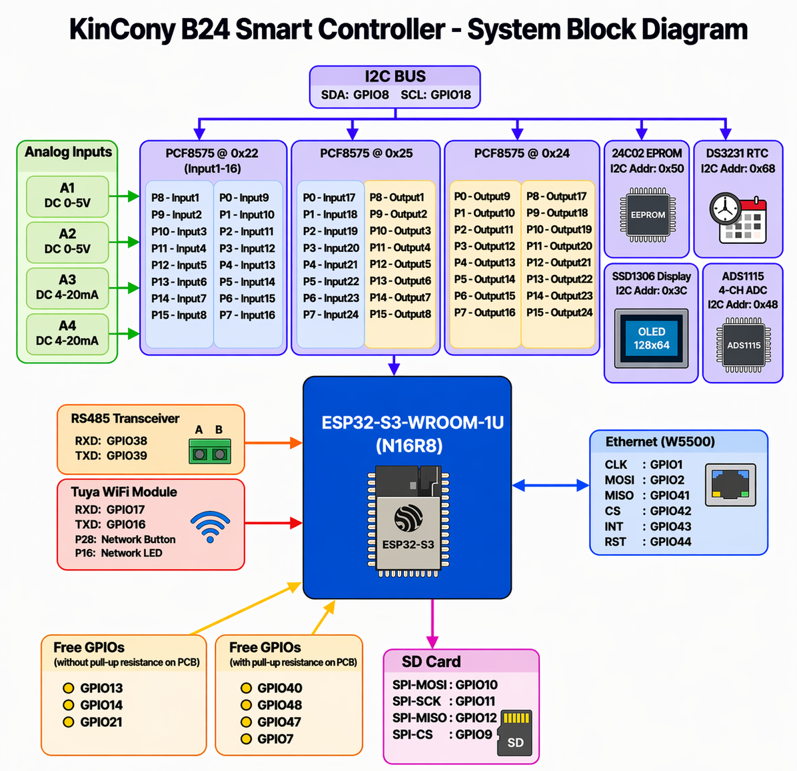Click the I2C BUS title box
point(395,86)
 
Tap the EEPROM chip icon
point(648,215)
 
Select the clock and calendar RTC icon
point(738,218)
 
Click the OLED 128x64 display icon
point(651,339)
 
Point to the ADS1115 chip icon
point(744,345)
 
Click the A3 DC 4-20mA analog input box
point(67,287)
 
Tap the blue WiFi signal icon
point(211,526)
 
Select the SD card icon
point(515,733)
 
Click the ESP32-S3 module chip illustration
point(408,521)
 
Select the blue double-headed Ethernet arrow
point(550,486)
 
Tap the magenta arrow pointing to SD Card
point(432,624)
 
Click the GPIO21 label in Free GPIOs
point(101,722)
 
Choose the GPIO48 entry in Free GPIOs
point(279,705)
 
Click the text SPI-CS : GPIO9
point(442,734)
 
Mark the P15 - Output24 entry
point(559,313)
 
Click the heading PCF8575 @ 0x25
point(366,153)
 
